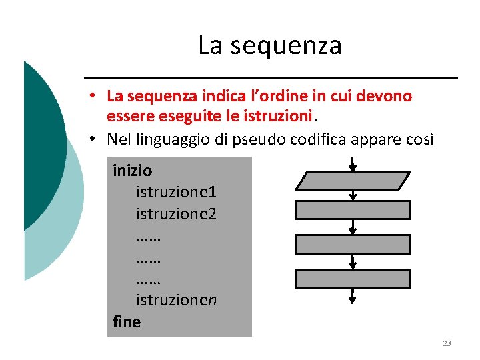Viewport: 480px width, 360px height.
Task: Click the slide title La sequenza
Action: pyautogui.click(x=269, y=45)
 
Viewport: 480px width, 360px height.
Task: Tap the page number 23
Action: pyautogui.click(x=447, y=343)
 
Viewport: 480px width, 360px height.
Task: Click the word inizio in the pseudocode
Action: pyautogui.click(x=132, y=171)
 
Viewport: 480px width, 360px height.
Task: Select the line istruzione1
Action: pyautogui.click(x=176, y=193)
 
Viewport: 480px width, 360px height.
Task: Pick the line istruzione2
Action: pyautogui.click(x=176, y=215)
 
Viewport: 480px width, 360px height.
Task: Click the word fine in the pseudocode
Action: pyautogui.click(x=127, y=322)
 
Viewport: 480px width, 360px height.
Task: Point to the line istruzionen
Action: pyautogui.click(x=176, y=301)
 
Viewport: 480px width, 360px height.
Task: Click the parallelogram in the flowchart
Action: pyautogui.click(x=353, y=180)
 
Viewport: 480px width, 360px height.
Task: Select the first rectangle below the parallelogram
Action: pyautogui.click(x=353, y=210)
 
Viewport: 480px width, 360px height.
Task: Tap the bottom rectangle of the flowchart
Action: pyautogui.click(x=353, y=278)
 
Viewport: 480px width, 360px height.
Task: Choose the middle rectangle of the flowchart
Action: pyautogui.click(x=353, y=244)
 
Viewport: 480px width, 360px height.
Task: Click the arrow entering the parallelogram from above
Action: pyautogui.click(x=353, y=164)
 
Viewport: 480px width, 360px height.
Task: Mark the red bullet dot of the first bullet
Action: pyautogui.click(x=96, y=97)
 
